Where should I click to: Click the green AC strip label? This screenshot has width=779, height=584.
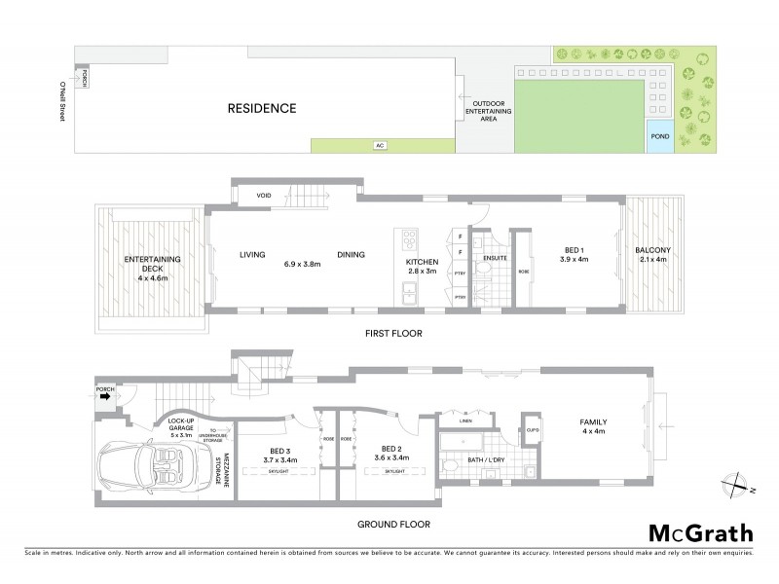click(381, 145)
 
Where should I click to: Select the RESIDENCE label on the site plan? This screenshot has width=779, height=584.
click(262, 108)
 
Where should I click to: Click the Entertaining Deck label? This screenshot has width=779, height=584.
click(148, 265)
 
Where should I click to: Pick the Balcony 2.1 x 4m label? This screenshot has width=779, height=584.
click(653, 255)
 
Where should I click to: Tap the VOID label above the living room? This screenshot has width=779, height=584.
click(264, 196)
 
